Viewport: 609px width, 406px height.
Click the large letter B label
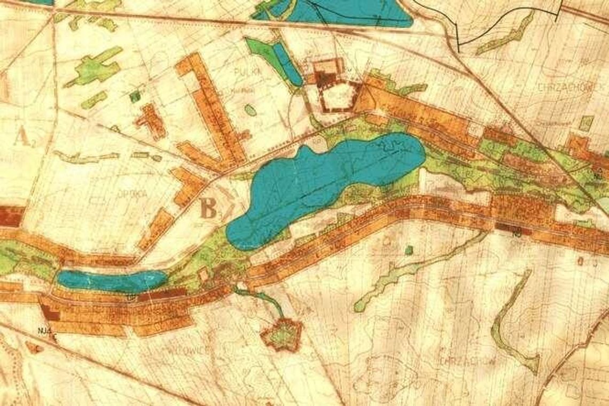point(208,208)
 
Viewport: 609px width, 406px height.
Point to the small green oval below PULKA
point(250,110)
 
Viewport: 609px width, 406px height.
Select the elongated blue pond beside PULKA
point(287,63)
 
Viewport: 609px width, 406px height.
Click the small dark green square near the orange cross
point(135,97)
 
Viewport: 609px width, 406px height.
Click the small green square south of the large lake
point(409,250)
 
